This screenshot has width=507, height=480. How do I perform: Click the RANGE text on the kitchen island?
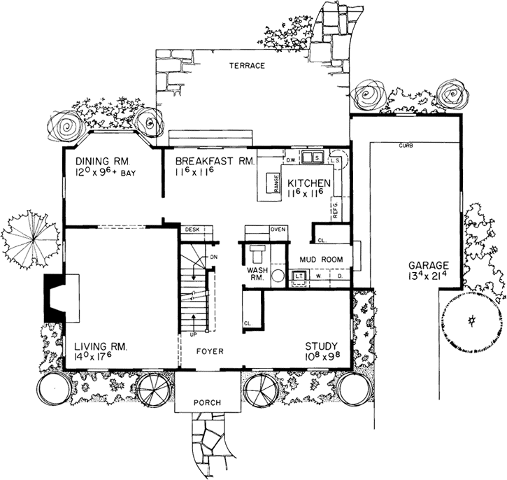tap(277, 183)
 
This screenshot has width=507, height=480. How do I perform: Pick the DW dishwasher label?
tap(291, 160)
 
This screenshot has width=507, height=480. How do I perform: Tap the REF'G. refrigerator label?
tap(335, 209)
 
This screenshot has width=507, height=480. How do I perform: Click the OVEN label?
tap(278, 230)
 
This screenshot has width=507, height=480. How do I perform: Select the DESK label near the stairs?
tap(192, 230)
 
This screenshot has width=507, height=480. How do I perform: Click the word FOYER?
tap(209, 351)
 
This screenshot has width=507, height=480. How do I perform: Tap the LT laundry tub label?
tap(299, 276)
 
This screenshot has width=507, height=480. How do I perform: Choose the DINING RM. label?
tap(101, 159)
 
